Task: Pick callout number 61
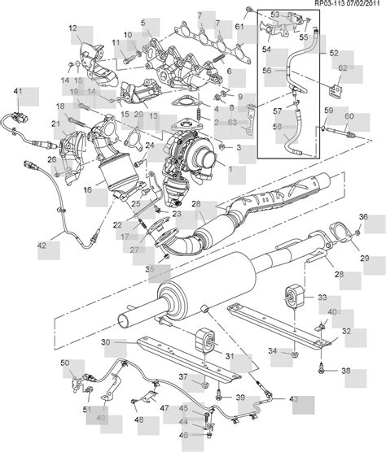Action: (239, 28)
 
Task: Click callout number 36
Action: (364, 216)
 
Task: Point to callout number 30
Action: (106, 342)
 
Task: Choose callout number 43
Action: (293, 398)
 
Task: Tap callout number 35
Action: (149, 267)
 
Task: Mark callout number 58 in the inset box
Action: (278, 128)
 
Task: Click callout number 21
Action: (56, 124)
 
